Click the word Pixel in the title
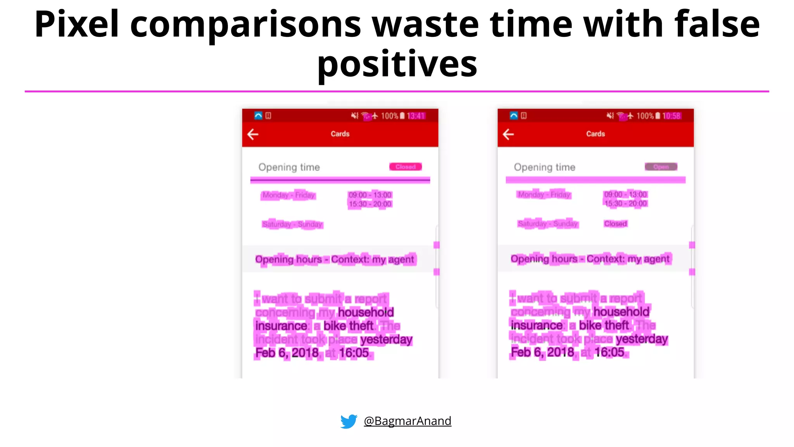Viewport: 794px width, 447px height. pos(76,24)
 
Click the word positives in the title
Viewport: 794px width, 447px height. pos(397,64)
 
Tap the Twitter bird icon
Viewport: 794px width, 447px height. pos(349,421)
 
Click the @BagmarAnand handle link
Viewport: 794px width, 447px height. pos(407,421)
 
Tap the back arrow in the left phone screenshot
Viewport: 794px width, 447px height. pos(253,134)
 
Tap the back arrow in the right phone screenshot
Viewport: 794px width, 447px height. pos(508,134)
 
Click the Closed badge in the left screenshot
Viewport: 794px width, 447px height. pos(406,167)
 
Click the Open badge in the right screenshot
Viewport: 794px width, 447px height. pos(661,167)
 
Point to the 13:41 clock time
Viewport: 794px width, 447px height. pos(416,116)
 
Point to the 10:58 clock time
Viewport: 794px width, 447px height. pos(671,116)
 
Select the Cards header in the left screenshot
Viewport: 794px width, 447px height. pos(340,134)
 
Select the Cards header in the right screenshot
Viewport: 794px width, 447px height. pos(595,134)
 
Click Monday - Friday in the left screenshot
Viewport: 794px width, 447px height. pos(288,195)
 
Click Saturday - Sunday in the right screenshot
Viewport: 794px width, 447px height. pos(547,224)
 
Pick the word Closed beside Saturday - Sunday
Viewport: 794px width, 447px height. pos(615,224)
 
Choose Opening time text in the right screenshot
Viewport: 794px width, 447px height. pos(544,167)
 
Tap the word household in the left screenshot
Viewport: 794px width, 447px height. pos(366,312)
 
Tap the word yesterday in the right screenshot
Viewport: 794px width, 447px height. pos(642,339)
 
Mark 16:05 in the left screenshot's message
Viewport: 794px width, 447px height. pos(354,353)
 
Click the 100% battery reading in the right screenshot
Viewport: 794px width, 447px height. pos(645,116)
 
